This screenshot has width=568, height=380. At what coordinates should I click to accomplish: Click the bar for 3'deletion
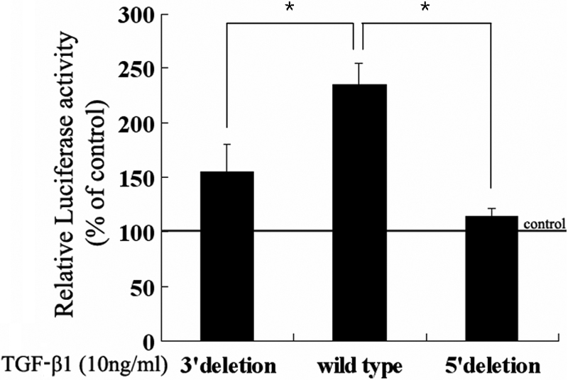tap(226, 255)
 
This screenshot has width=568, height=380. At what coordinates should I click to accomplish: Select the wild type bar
tap(361, 213)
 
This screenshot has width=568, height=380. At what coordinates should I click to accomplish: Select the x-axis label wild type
tap(361, 367)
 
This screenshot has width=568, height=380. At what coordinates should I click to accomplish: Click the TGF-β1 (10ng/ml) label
tap(85, 367)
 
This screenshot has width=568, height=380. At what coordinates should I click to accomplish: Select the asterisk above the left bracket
tap(289, 8)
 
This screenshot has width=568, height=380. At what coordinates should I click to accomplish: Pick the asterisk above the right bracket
tap(425, 8)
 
